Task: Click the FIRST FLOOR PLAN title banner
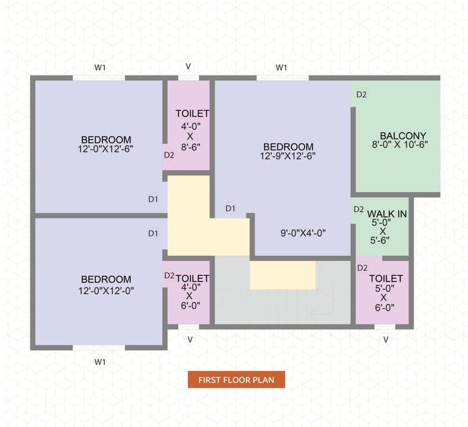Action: (x=236, y=379)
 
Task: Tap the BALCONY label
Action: (x=403, y=136)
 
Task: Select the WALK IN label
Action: (x=387, y=214)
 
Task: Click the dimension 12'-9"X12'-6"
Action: (x=288, y=156)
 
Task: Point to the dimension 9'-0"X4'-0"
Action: (x=303, y=233)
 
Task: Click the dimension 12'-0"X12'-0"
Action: (x=106, y=291)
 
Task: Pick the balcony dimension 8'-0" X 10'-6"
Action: (x=400, y=145)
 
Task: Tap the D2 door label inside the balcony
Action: (x=361, y=94)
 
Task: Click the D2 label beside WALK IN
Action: (x=358, y=209)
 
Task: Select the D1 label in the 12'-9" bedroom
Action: (x=230, y=208)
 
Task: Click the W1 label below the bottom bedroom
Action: (x=100, y=362)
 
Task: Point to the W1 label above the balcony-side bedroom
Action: (x=281, y=68)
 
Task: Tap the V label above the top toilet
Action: (x=188, y=66)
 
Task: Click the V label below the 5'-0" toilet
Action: (x=386, y=339)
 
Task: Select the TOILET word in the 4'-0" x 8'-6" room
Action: (x=192, y=114)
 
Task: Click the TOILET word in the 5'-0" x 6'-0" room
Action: (x=386, y=278)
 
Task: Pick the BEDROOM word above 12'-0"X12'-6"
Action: (x=106, y=139)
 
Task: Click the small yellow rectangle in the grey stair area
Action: (x=283, y=275)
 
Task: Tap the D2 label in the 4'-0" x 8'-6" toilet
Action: (x=169, y=155)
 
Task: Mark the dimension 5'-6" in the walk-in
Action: (x=380, y=240)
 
